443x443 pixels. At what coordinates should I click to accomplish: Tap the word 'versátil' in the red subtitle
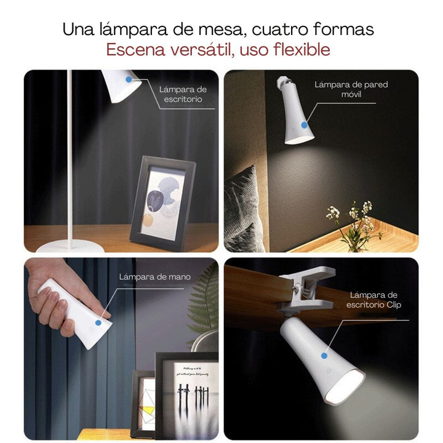pyautogui.click(x=195, y=50)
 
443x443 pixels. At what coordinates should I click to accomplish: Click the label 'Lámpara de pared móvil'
pyautogui.click(x=351, y=90)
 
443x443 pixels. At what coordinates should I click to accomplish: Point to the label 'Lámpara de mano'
pyautogui.click(x=154, y=277)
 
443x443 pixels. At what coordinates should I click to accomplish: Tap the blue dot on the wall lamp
pyautogui.click(x=303, y=124)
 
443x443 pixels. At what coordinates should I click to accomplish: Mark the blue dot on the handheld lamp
pyautogui.click(x=98, y=321)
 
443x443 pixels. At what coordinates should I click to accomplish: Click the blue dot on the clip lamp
pyautogui.click(x=325, y=355)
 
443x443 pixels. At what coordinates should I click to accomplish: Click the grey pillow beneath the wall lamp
pyautogui.click(x=244, y=209)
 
